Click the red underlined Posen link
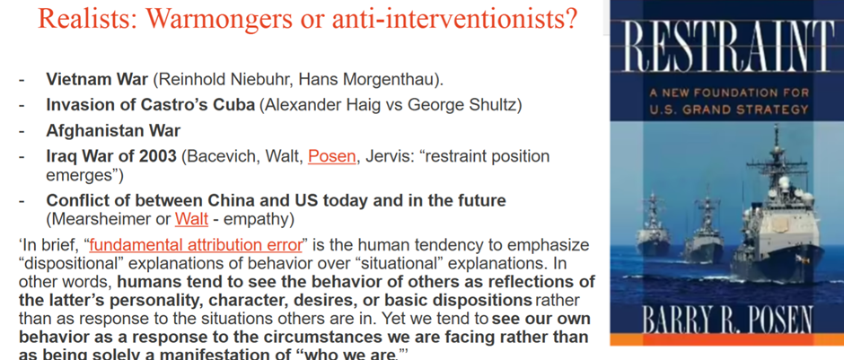[x=331, y=156]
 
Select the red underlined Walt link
[x=191, y=219]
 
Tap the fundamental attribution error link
[x=196, y=245]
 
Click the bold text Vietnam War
[x=97, y=80]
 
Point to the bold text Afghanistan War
[x=113, y=131]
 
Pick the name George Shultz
[x=462, y=105]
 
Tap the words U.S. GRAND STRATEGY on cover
[x=729, y=110]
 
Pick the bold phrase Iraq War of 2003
[x=111, y=156]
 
